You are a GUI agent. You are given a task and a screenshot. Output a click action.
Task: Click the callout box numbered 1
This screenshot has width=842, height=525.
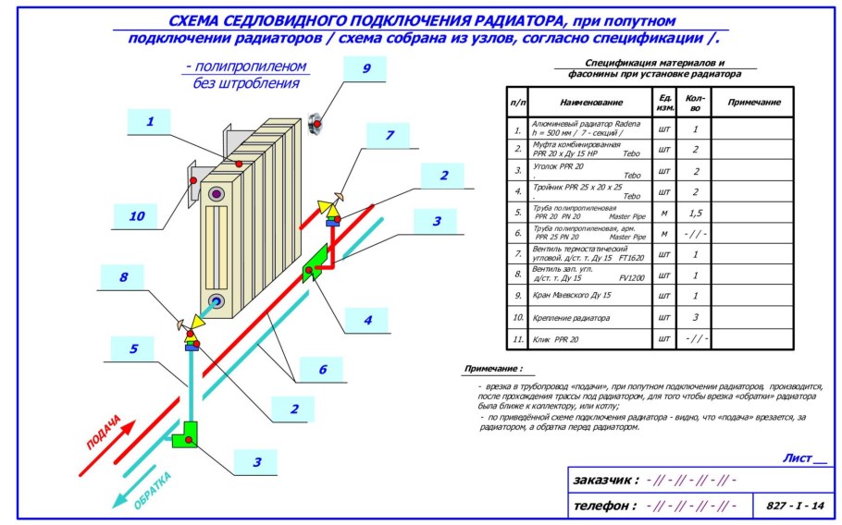[151, 120]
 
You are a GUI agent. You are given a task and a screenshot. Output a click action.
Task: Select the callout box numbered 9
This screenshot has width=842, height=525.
[365, 68]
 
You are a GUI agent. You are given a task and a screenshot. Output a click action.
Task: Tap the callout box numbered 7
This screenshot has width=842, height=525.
[389, 135]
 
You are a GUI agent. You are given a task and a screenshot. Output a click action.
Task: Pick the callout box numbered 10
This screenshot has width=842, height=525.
[137, 215]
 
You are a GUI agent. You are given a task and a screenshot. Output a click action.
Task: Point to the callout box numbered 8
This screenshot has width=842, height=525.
[123, 276]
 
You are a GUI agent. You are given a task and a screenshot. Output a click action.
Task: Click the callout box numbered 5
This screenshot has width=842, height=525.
[134, 348]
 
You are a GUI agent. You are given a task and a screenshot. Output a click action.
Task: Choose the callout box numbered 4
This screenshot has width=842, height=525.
[367, 320]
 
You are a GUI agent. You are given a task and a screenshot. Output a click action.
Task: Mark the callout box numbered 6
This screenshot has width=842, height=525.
[322, 370]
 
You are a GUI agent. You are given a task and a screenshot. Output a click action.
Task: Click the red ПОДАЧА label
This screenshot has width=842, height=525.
[104, 433]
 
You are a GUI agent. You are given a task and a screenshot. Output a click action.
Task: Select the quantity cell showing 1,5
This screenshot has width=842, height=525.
[695, 214]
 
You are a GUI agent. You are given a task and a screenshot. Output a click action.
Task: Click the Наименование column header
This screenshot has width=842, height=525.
[591, 102]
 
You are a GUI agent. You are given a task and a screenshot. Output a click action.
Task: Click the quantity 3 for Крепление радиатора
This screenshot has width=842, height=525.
[695, 317]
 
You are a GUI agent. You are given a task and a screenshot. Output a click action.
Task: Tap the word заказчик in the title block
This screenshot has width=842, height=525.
[605, 480]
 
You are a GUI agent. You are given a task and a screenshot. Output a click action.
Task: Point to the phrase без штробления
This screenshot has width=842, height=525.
[246, 83]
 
